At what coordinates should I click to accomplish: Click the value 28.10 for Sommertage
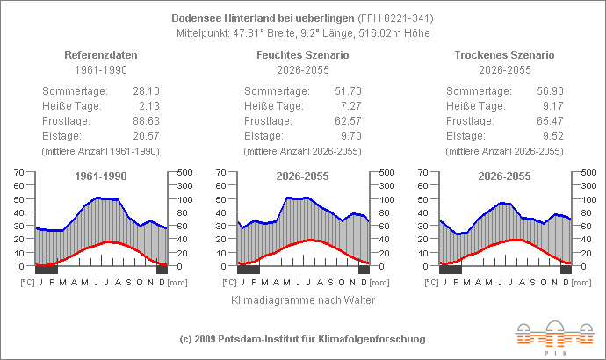point(147,91)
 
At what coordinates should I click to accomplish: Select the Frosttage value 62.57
point(348,121)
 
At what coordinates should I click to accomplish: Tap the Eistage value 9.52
point(552,136)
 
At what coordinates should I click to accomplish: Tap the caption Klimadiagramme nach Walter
point(303,300)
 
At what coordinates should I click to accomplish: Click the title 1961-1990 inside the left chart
point(101,176)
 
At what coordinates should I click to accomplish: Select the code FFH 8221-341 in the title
point(395,18)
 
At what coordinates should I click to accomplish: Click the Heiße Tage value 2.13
point(149,106)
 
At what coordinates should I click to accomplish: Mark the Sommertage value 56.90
point(550,91)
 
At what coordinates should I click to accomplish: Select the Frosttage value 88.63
point(147,121)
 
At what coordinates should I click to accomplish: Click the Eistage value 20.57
point(147,136)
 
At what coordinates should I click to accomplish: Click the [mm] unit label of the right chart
point(583,284)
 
